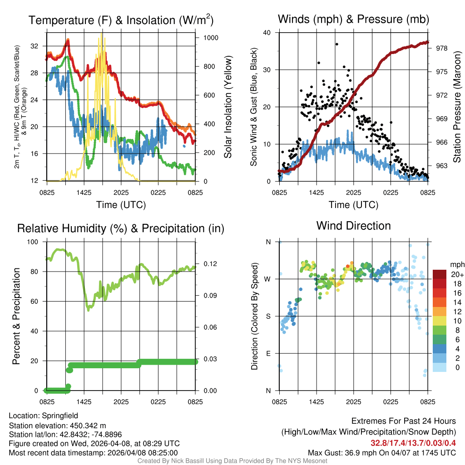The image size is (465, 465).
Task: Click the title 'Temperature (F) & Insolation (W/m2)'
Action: point(121,20)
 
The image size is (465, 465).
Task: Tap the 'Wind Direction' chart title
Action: point(353,226)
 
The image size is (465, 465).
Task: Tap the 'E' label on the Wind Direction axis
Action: point(268,353)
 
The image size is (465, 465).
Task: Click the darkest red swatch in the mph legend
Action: point(440,274)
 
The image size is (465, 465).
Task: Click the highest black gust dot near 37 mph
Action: point(336,44)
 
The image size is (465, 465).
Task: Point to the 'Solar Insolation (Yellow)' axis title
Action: point(228,107)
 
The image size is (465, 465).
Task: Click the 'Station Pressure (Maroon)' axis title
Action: point(457,107)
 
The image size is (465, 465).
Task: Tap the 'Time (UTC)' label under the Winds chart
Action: point(354,205)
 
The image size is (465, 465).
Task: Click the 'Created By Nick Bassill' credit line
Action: point(232,461)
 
